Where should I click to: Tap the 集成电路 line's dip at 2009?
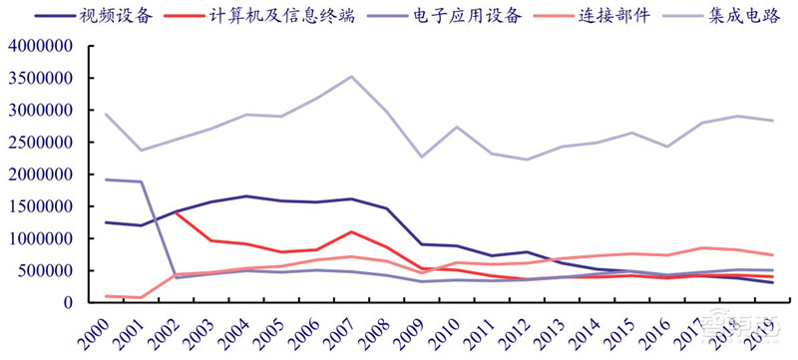[x=421, y=157]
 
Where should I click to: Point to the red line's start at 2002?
[x=177, y=211]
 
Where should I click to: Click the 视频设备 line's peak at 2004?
[x=246, y=196]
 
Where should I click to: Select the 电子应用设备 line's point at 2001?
[x=142, y=181]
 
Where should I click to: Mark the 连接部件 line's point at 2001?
[x=142, y=297]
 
